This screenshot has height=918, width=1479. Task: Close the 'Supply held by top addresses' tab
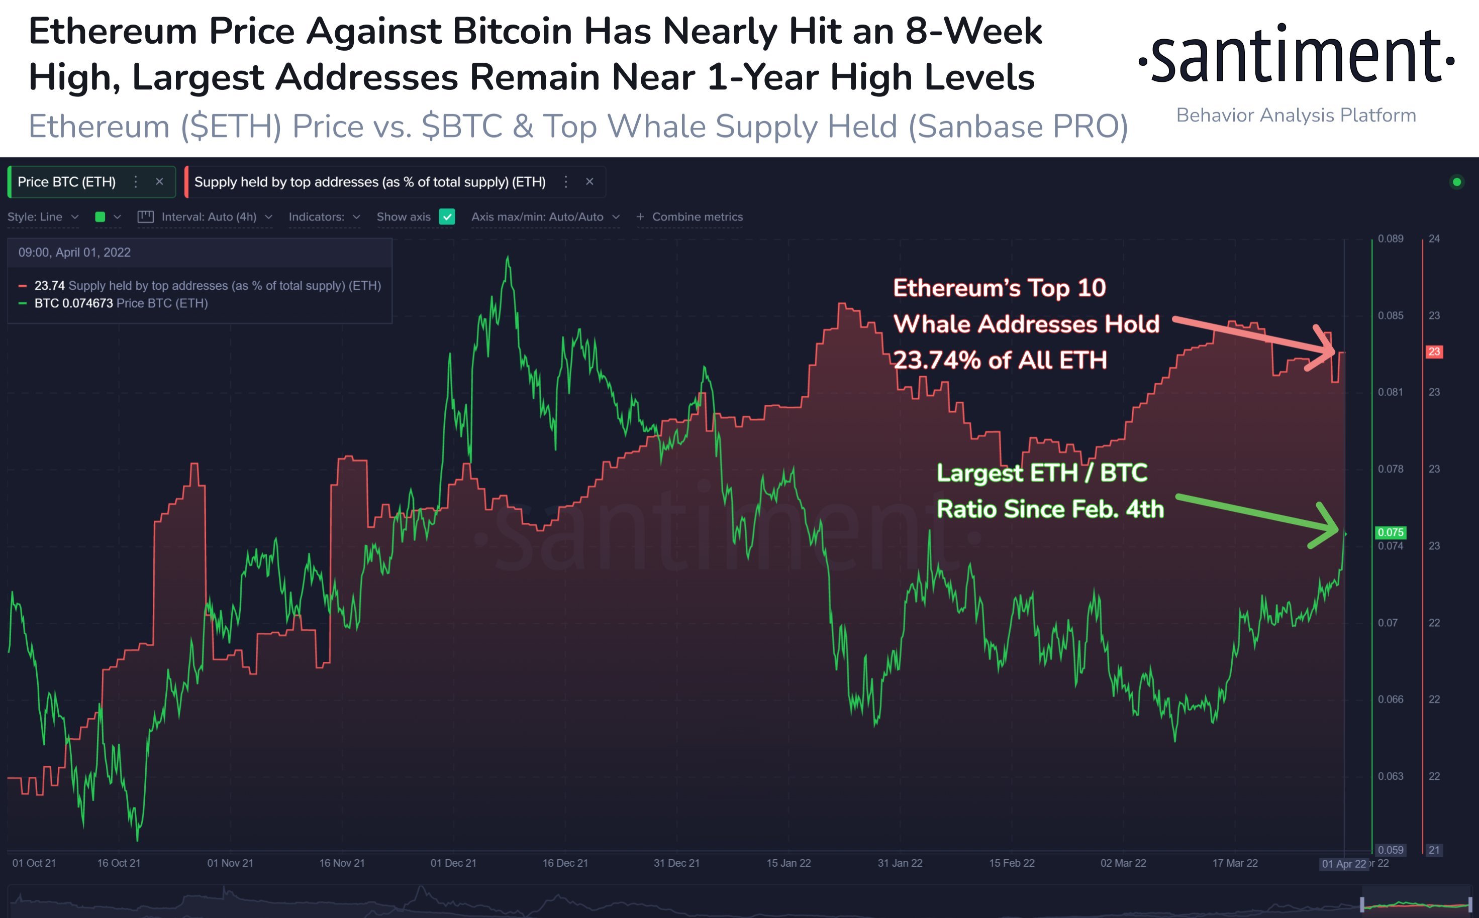point(589,181)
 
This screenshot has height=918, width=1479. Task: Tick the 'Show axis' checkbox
point(447,217)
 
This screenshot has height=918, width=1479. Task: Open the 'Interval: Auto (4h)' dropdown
point(209,217)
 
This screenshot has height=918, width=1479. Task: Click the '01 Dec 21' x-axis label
point(453,863)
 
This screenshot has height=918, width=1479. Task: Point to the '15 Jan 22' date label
point(788,863)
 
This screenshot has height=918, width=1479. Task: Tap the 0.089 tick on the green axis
point(1391,239)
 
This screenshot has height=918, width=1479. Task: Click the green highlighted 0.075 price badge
point(1391,532)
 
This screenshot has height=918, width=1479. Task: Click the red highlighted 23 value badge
point(1434,352)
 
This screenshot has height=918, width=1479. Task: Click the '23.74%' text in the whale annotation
point(935,360)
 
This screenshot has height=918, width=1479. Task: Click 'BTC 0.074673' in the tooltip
point(73,303)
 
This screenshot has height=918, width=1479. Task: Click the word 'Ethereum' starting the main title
point(113,32)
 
